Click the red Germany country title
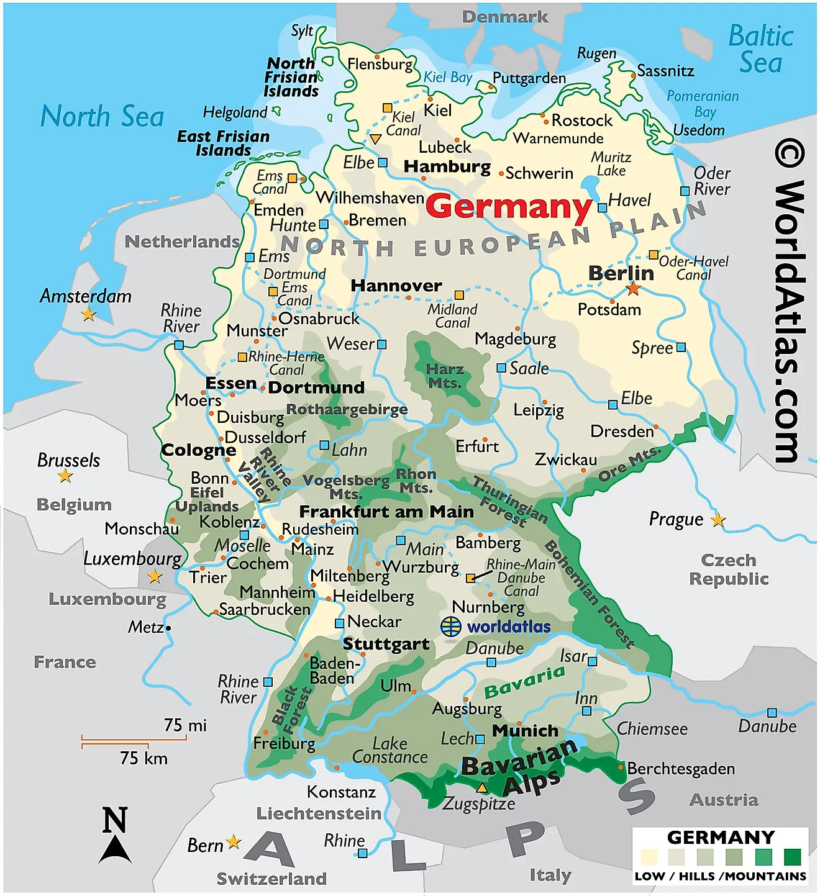tap(509, 207)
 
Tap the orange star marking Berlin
tap(633, 288)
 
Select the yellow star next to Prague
tap(718, 520)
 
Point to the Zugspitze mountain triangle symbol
tap(481, 788)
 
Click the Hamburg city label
tap(447, 167)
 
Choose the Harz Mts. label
tap(445, 376)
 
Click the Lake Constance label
tap(389, 750)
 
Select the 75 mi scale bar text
tap(185, 725)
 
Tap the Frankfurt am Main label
tap(386, 512)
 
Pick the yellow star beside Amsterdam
tap(89, 314)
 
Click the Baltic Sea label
tap(760, 50)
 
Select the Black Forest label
tap(291, 706)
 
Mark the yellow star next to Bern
tap(234, 842)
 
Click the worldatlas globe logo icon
tap(451, 626)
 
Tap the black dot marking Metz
tap(168, 628)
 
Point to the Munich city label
tap(525, 731)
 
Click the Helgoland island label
tap(234, 112)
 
